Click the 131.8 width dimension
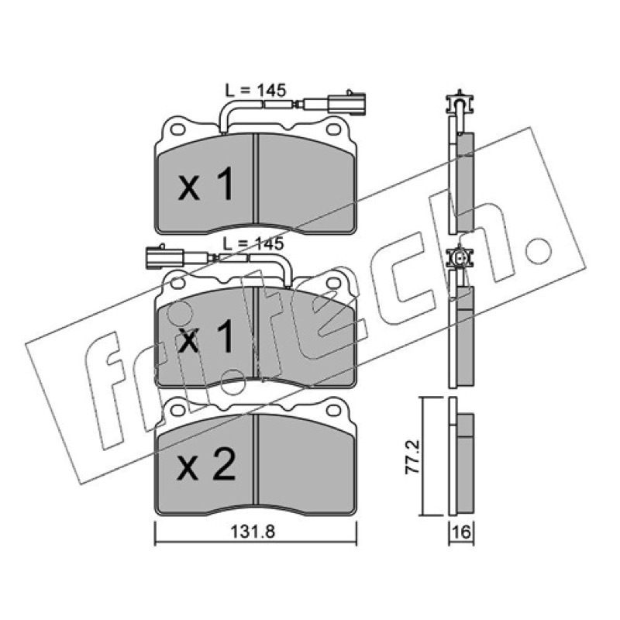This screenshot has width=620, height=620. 253,532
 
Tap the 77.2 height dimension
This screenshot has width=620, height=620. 412,457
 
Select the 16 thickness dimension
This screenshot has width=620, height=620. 461,532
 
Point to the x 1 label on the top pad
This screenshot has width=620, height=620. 206,184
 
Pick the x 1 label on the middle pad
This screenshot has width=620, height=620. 206,336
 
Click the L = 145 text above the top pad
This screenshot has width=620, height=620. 256,91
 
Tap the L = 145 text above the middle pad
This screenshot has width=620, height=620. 253,243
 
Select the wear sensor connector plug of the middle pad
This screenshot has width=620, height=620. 165,257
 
